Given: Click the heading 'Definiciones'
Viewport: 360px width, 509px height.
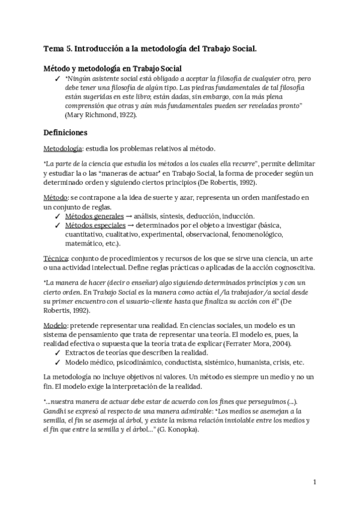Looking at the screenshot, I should click(x=66, y=131).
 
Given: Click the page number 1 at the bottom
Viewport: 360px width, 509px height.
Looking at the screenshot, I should click(x=315, y=481).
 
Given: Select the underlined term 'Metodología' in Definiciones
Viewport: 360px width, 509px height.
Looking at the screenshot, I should click(x=63, y=148).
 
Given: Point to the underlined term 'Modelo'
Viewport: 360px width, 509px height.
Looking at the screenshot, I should click(x=55, y=324).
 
